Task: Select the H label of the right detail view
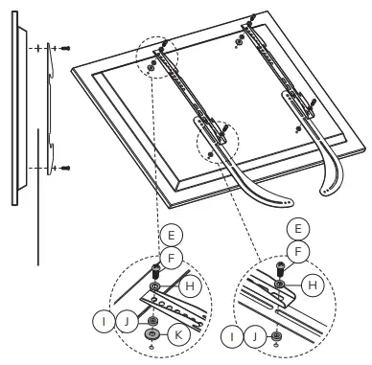(312, 284)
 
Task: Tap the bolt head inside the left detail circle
(155, 269)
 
